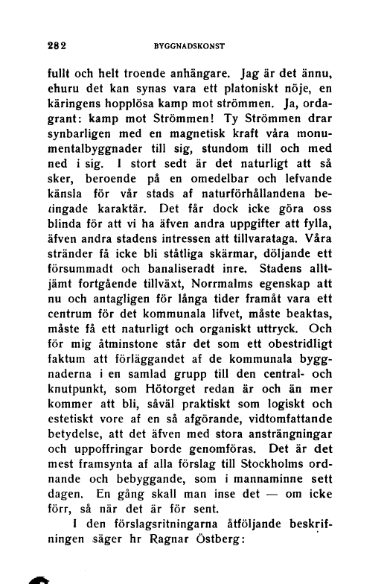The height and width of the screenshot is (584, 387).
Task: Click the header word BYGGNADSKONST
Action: click(188, 45)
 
